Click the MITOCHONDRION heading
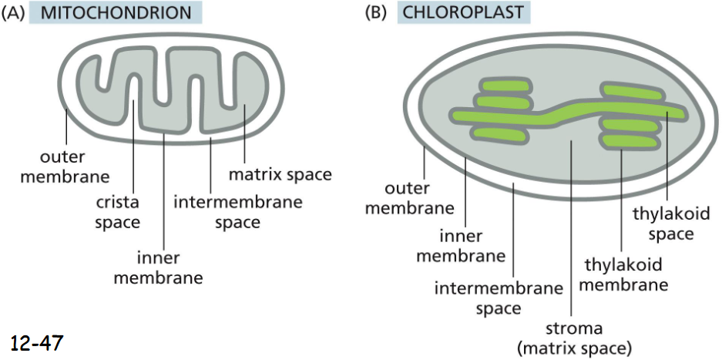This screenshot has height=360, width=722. click(x=116, y=13)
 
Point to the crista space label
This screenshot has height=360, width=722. click(x=118, y=213)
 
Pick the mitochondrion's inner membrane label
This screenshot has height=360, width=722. click(x=158, y=267)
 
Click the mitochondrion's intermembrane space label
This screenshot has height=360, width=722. click(x=237, y=212)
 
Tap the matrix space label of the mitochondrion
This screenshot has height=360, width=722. click(x=280, y=174)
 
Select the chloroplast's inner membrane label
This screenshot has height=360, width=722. click(x=461, y=245)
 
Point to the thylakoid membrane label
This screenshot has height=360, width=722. click(x=623, y=275)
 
